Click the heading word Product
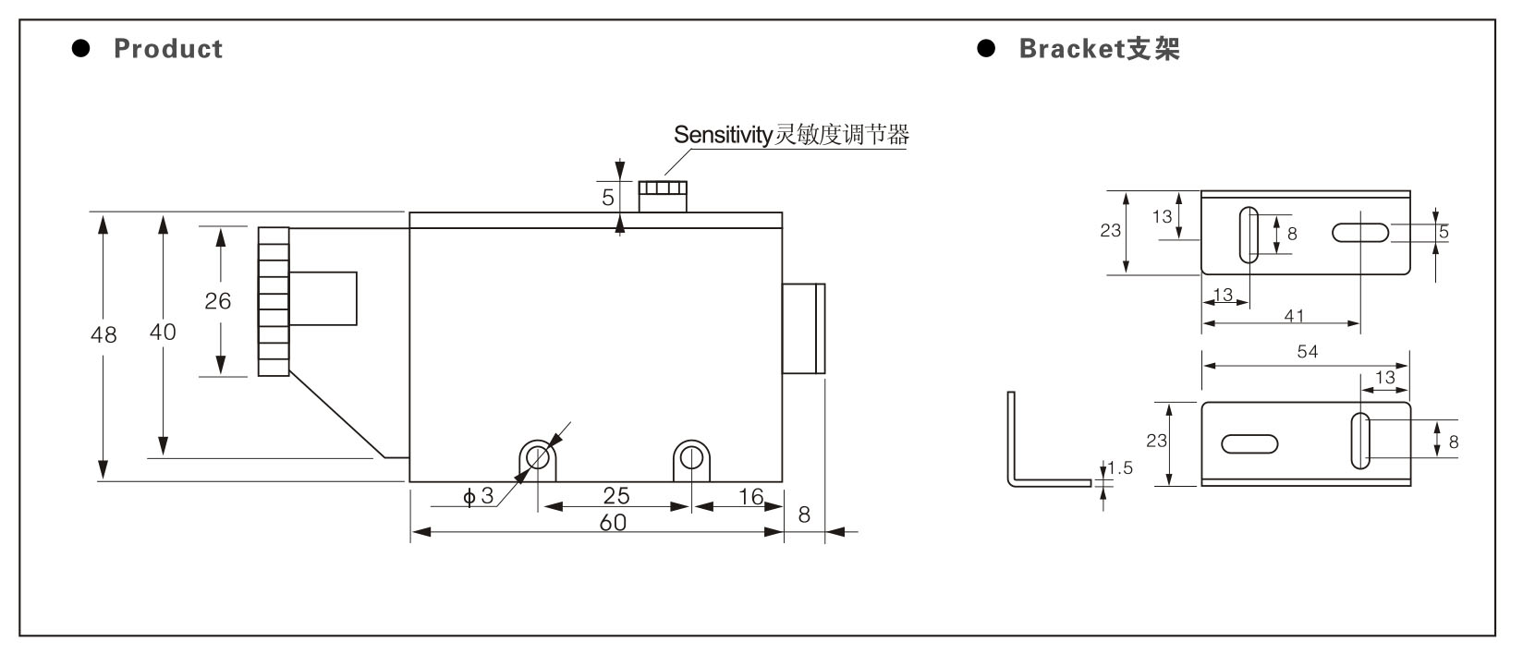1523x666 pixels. point(168,49)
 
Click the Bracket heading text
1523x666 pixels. point(1100,49)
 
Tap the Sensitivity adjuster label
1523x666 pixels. point(791,135)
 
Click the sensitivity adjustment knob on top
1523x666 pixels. point(663,197)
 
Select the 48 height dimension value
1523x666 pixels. point(104,334)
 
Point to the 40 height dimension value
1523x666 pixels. point(163,332)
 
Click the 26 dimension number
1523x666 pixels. point(217,300)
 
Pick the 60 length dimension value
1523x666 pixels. point(613,523)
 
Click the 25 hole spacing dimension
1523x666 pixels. point(616,495)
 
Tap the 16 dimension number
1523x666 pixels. point(751,496)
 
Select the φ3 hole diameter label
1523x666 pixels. point(478,496)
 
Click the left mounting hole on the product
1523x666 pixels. point(538,458)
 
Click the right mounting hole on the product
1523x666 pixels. point(691,458)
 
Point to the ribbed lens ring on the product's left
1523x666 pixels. point(274,302)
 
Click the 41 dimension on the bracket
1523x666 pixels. point(1294,316)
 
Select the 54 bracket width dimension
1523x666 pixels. point(1307,351)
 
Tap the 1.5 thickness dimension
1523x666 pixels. point(1120,467)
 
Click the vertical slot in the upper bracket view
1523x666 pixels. point(1249,236)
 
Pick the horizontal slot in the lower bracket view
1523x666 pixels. point(1249,443)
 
